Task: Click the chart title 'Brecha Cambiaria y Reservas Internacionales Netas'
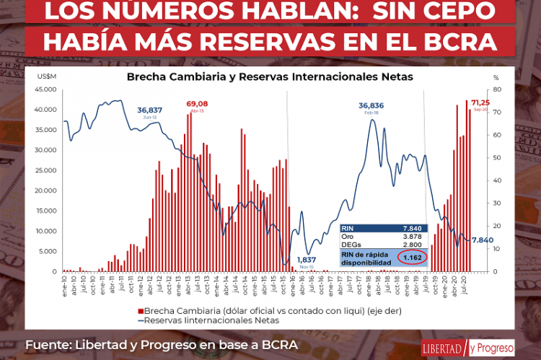[270, 75]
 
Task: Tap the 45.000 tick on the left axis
[45, 89]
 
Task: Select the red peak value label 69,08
[198, 104]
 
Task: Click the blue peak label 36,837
[150, 110]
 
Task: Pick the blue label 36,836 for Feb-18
[371, 105]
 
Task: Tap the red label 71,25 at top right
[480, 103]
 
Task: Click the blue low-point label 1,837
[306, 260]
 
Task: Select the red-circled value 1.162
[411, 257]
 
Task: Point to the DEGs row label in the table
[351, 245]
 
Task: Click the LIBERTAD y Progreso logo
[467, 347]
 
